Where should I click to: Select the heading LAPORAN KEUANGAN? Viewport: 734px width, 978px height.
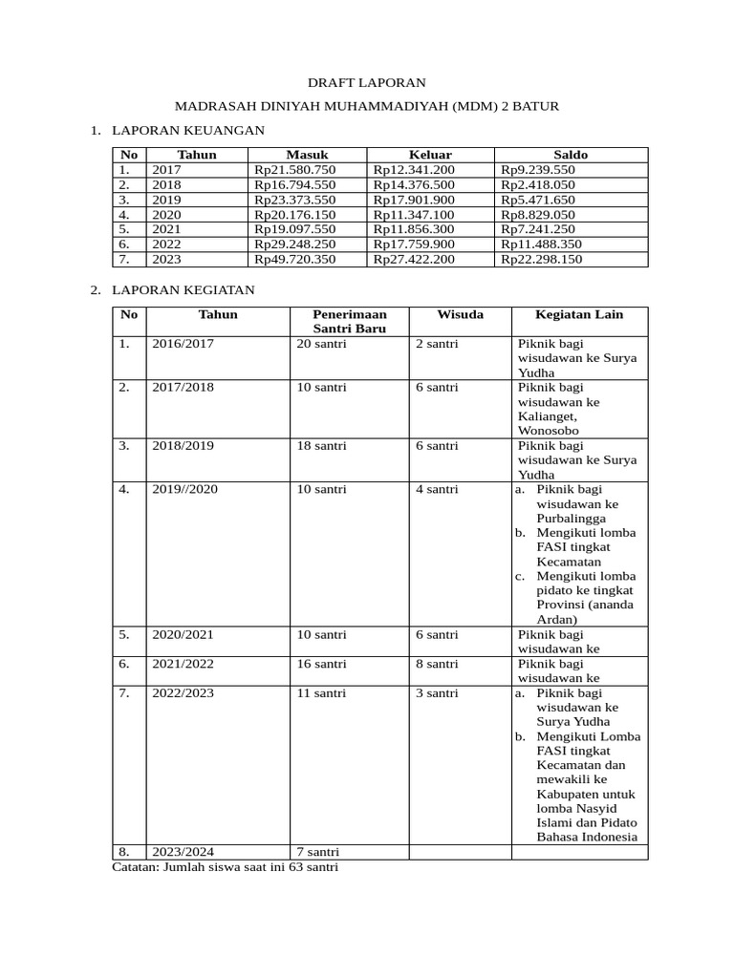[188, 129]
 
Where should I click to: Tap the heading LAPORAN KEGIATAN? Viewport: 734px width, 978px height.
[183, 289]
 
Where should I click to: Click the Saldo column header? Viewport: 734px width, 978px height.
[571, 155]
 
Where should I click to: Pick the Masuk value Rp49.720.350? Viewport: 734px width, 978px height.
[295, 259]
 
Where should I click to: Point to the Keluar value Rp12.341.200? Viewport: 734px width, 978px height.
[414, 170]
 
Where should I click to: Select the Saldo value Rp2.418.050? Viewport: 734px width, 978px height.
[538, 185]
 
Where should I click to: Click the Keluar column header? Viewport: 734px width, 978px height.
[430, 155]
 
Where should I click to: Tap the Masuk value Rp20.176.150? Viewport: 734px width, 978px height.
[295, 215]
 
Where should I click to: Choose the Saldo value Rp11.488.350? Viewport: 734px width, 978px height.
[541, 244]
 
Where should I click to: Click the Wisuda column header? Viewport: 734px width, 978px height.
[460, 314]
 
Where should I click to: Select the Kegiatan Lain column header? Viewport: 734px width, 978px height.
[579, 314]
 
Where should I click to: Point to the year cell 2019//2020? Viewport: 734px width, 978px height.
[184, 489]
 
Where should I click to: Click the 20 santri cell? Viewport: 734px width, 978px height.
[321, 344]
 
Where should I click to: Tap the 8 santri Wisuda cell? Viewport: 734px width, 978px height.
[436, 664]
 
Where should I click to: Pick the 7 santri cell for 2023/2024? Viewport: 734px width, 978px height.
[317, 852]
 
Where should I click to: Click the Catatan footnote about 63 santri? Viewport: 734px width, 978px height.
[226, 868]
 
